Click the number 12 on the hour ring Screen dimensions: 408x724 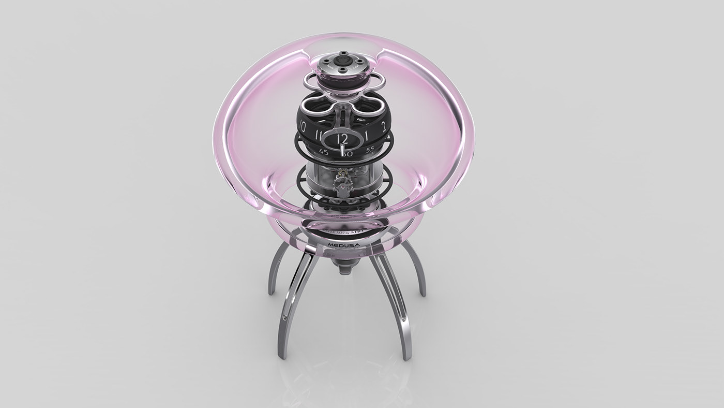click(342, 139)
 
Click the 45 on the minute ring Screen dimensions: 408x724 click(324, 152)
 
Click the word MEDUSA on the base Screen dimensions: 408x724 click(344, 242)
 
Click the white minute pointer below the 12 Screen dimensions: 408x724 click(342, 150)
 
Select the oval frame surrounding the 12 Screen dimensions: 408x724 click(342, 139)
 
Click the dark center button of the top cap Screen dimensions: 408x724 click(341, 61)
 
